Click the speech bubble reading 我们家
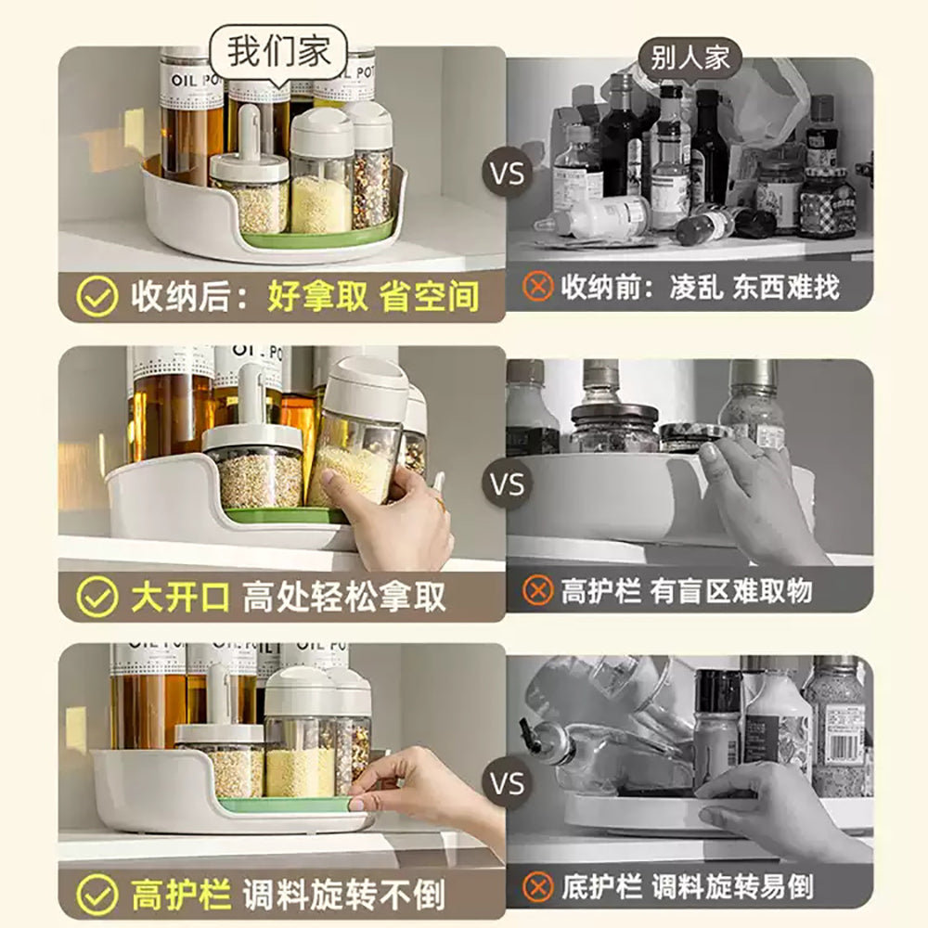tap(278, 52)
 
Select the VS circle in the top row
tap(507, 174)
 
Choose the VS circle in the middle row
tap(507, 483)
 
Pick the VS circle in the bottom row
tap(507, 784)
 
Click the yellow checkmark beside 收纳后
tap(97, 297)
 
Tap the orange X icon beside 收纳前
tap(538, 287)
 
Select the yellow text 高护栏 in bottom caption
tap(179, 896)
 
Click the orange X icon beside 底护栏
tap(538, 886)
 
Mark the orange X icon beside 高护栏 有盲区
tap(538, 590)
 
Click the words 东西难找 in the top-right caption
tap(785, 287)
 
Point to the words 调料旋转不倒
tap(343, 896)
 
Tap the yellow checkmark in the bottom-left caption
tap(97, 896)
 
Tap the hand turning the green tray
tap(418, 789)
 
